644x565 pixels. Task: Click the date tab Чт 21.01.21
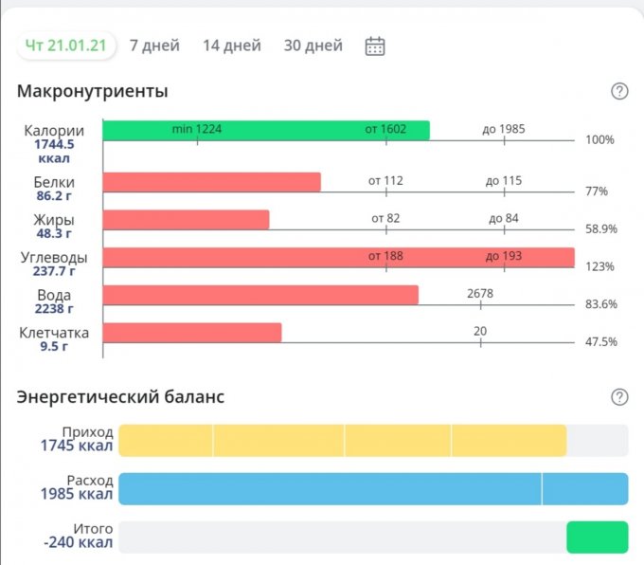64,46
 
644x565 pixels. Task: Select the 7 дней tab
154,46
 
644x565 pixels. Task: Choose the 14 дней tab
231,46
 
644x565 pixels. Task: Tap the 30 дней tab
313,46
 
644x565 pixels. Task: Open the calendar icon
375,46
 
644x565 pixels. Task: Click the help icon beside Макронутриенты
619,91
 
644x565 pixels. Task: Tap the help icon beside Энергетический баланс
619,396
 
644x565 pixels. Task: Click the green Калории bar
265,130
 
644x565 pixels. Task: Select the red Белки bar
211,181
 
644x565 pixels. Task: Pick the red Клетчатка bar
191,333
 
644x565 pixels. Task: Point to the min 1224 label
197,129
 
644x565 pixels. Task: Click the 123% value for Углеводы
600,267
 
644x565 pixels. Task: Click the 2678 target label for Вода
480,294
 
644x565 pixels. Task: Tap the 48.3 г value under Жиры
54,233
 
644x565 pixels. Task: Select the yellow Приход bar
342,441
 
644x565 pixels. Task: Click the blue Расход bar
373,488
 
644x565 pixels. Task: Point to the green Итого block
597,537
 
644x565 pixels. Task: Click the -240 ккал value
78,543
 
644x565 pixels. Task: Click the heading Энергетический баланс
120,396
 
